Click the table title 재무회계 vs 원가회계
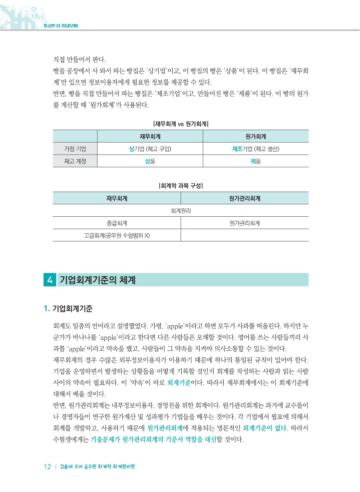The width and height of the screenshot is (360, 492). click(180, 123)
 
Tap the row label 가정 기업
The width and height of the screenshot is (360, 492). click(75, 149)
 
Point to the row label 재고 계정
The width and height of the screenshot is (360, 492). click(75, 161)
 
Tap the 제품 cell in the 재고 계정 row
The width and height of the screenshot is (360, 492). click(255, 161)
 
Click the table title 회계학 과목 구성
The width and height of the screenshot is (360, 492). click(180, 185)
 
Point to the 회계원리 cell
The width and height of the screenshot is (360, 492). click(180, 211)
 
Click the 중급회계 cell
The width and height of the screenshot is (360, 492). click(116, 223)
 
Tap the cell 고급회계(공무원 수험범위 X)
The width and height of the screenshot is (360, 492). click(116, 235)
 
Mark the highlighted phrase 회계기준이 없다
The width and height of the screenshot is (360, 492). click(261, 428)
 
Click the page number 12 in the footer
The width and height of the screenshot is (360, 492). click(48, 467)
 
